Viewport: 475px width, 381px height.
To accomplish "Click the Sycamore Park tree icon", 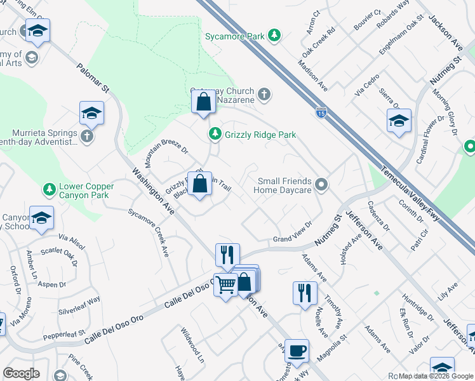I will point(274,36).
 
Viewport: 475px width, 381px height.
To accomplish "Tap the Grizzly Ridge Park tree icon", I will point(215,135).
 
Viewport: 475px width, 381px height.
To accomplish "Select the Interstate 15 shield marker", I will point(321,112).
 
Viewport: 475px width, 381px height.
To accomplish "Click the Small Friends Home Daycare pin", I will point(322,185).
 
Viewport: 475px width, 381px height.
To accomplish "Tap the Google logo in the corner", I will point(21,373).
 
